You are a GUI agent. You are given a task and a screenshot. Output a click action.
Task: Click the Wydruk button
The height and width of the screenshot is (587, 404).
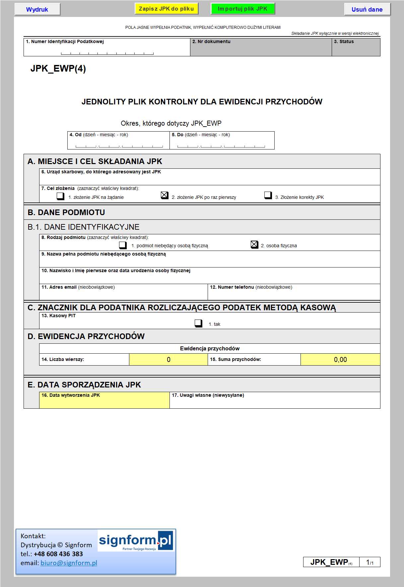pyautogui.click(x=37, y=9)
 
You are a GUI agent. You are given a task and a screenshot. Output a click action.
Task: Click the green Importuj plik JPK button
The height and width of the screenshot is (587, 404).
pyautogui.click(x=242, y=9)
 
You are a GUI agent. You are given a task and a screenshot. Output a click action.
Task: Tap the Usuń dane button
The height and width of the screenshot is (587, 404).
pyautogui.click(x=367, y=9)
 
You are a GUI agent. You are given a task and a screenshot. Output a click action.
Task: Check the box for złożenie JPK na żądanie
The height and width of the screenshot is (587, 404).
pyautogui.click(x=60, y=196)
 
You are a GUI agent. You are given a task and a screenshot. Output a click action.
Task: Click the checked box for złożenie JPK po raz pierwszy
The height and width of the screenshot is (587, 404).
pyautogui.click(x=165, y=195)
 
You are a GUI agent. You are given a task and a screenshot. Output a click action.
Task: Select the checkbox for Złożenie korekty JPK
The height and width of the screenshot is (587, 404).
pyautogui.click(x=268, y=195)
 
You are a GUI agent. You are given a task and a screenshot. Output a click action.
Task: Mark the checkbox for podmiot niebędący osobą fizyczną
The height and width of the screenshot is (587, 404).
pyautogui.click(x=123, y=245)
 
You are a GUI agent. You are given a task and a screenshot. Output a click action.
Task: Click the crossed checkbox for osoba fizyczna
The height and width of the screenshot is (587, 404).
pyautogui.click(x=254, y=245)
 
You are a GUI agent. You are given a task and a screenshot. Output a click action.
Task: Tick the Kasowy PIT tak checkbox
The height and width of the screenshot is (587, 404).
pyautogui.click(x=198, y=323)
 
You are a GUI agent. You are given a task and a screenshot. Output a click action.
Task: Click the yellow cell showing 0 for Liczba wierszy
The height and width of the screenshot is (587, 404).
pyautogui.click(x=168, y=360)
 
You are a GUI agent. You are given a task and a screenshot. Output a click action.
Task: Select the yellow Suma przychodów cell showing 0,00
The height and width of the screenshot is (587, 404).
pyautogui.click(x=340, y=360)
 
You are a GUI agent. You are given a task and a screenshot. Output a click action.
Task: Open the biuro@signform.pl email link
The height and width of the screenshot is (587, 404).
pyautogui.click(x=69, y=563)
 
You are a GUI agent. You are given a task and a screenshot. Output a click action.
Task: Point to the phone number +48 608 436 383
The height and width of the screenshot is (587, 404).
pyautogui.click(x=58, y=554)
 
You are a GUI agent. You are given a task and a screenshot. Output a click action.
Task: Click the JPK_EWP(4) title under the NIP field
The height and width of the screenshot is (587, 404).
pyautogui.click(x=58, y=69)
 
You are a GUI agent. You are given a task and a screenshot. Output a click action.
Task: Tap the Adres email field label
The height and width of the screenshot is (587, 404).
pyautogui.click(x=59, y=287)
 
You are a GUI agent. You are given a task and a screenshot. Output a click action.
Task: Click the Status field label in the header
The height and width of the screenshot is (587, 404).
pyautogui.click(x=344, y=41)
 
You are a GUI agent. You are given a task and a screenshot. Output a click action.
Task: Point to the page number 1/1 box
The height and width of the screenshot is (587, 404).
pyautogui.click(x=370, y=562)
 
